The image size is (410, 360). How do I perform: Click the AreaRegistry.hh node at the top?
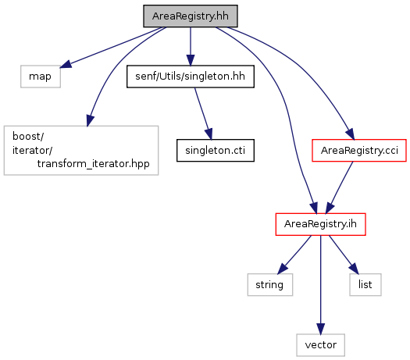click(191, 16)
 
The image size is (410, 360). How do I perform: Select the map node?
click(41, 77)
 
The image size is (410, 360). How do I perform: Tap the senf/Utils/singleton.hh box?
click(191, 77)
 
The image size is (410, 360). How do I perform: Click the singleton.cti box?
click(216, 151)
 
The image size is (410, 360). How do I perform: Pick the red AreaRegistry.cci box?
click(359, 151)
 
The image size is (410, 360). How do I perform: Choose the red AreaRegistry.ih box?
click(320, 224)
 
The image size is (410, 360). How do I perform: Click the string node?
click(270, 285)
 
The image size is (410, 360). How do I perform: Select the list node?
click(365, 285)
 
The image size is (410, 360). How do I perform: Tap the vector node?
click(320, 345)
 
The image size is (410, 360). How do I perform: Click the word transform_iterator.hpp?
click(94, 164)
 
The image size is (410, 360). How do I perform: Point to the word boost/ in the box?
click(28, 136)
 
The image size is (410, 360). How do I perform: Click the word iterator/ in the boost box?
click(33, 151)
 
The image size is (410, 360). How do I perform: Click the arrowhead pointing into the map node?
click(66, 64)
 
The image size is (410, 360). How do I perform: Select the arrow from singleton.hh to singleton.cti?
click(203, 113)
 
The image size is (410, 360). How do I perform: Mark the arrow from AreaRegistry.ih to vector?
click(320, 285)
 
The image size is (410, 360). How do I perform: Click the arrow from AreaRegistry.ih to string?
click(294, 255)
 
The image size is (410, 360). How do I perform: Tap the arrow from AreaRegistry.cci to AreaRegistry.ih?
click(339, 187)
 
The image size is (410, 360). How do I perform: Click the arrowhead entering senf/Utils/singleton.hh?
click(191, 60)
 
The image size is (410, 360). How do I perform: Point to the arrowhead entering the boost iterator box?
click(91, 121)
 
